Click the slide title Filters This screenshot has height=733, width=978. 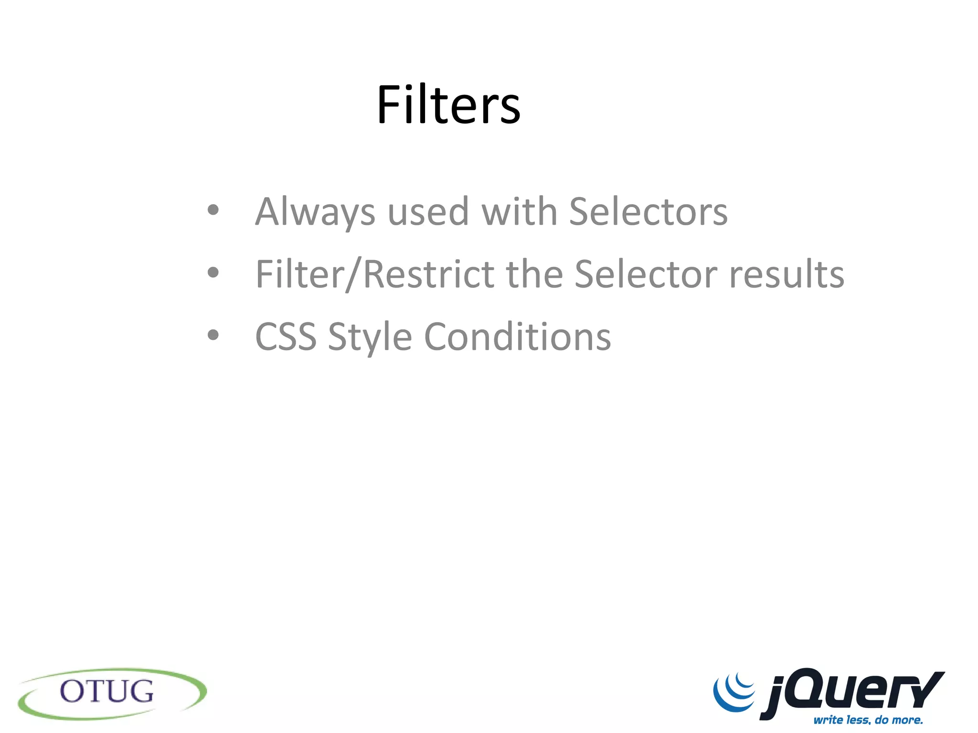tap(448, 105)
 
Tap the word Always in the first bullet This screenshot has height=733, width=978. tap(315, 211)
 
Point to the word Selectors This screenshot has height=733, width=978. tap(648, 211)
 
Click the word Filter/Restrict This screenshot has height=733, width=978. tap(375, 274)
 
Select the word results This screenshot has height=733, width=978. tap(787, 274)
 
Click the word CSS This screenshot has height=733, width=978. tap(286, 337)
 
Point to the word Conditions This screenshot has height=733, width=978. tap(517, 337)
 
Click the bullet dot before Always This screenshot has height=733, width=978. tap(213, 210)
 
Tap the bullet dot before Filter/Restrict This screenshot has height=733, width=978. tap(213, 272)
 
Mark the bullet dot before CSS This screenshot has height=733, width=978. tap(213, 335)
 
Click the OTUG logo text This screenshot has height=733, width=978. tap(107, 691)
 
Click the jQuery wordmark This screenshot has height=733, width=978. tap(852, 692)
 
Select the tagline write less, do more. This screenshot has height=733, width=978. tap(868, 719)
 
